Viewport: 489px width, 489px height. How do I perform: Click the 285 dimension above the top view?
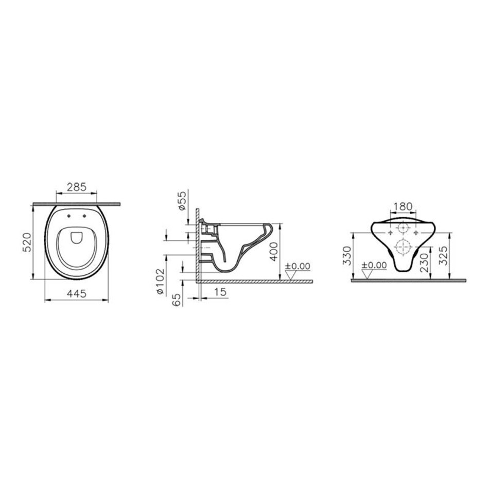77,187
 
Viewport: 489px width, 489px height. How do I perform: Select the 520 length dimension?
28,242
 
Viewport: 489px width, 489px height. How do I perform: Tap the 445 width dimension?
77,293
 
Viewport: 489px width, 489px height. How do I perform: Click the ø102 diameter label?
160,282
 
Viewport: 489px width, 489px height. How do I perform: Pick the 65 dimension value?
177,300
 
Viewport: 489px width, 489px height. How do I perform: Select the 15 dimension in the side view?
220,292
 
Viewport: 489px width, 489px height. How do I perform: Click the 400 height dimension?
274,252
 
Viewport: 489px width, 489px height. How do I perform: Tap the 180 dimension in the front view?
403,206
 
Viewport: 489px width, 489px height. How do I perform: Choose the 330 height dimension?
347,255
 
